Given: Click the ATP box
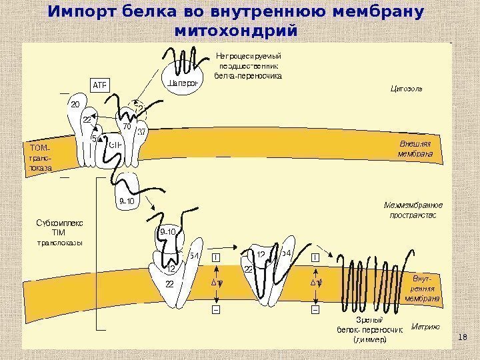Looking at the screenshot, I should pyautogui.click(x=99, y=84).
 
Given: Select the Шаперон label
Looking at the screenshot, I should pyautogui.click(x=181, y=83).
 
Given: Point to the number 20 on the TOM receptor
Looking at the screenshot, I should pyautogui.click(x=75, y=105).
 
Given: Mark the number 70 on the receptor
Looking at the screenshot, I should pyautogui.click(x=126, y=126).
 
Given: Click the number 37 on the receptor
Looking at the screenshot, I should pyautogui.click(x=142, y=131).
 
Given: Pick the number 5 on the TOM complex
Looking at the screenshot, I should pyautogui.click(x=94, y=139).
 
